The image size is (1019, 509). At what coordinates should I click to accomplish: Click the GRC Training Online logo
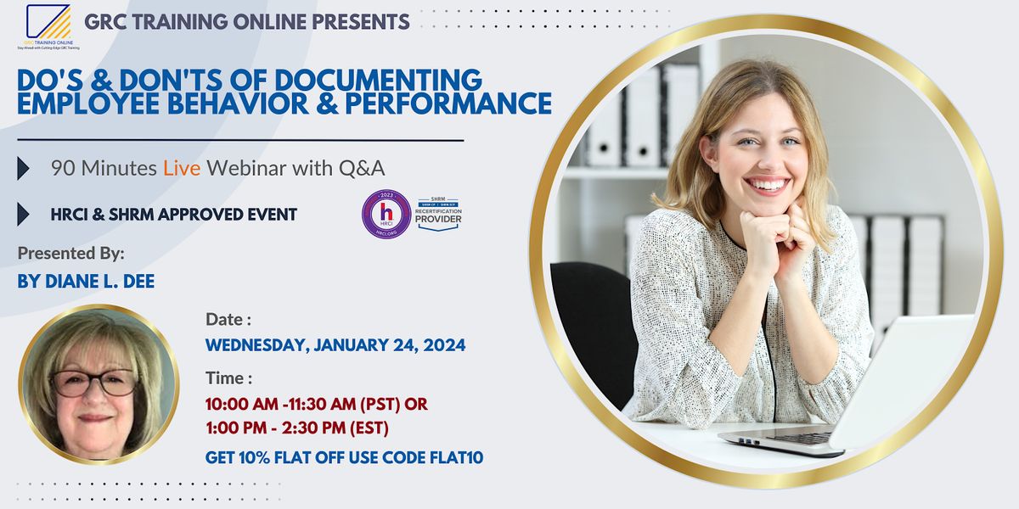click(48, 26)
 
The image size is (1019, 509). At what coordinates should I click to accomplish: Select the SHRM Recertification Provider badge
click(438, 215)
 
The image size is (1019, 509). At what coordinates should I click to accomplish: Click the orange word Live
click(183, 168)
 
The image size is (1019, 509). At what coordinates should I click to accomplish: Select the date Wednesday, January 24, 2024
click(335, 345)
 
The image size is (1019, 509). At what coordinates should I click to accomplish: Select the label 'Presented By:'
click(70, 253)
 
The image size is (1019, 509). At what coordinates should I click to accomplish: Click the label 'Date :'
click(228, 320)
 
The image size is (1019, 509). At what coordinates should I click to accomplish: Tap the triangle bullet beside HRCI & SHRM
click(24, 215)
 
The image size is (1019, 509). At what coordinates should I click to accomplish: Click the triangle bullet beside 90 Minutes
click(24, 169)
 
